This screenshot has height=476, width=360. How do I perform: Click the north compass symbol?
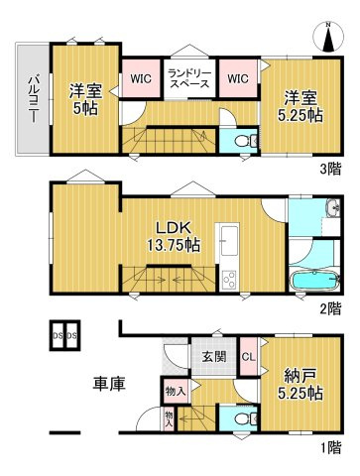pos(329,37)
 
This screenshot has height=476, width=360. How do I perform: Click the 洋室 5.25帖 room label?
pos(300,106)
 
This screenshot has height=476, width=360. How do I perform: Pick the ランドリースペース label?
pos(187,78)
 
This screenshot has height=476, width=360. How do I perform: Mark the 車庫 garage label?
pos(108,383)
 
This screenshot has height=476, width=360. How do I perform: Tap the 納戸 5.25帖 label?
pos(300,384)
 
